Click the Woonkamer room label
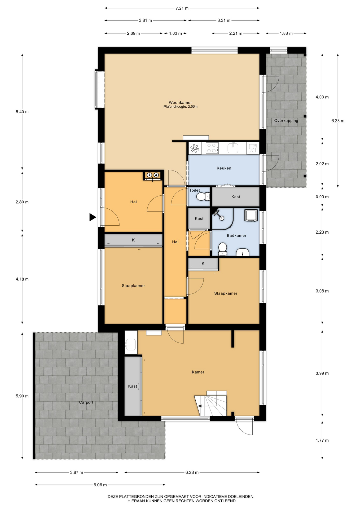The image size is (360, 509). [180, 103]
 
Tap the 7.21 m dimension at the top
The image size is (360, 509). [182, 8]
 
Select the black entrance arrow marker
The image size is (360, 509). [93, 217]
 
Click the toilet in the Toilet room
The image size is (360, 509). [203, 197]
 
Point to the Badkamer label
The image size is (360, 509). [236, 235]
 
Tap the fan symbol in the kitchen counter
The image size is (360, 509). [195, 148]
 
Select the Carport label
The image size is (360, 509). [86, 402]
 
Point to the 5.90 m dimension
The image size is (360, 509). [22, 396]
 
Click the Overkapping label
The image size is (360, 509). [286, 121]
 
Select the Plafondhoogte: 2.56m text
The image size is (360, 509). [181, 107]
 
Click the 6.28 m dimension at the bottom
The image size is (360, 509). [192, 472]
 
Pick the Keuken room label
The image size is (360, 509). [224, 168]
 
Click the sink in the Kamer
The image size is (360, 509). [131, 344]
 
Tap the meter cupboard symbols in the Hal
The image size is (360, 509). [153, 175]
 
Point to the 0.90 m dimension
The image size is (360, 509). [322, 197]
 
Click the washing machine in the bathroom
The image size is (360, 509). [251, 215]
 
